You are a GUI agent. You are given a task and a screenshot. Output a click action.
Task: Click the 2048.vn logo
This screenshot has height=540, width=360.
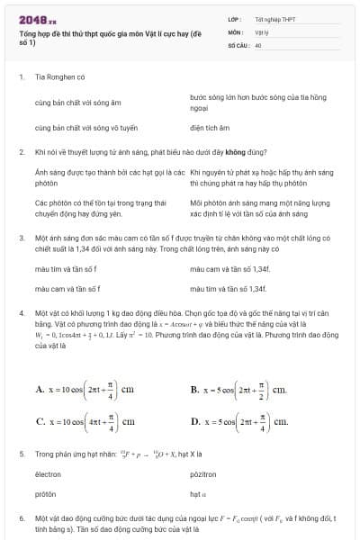(x=36, y=18)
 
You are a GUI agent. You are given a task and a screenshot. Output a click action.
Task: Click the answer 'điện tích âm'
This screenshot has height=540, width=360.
(x=210, y=128)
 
